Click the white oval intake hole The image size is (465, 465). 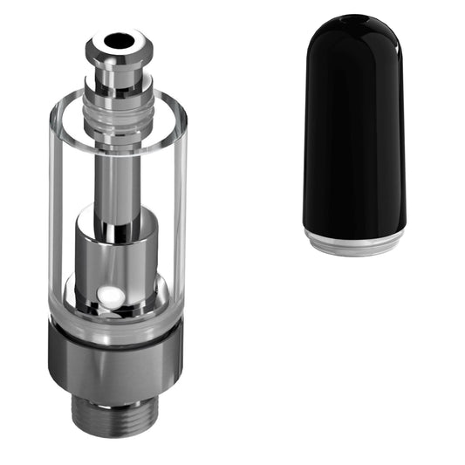click(x=109, y=296)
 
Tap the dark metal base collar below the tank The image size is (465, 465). click(x=116, y=358)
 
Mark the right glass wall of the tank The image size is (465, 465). click(x=179, y=209)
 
